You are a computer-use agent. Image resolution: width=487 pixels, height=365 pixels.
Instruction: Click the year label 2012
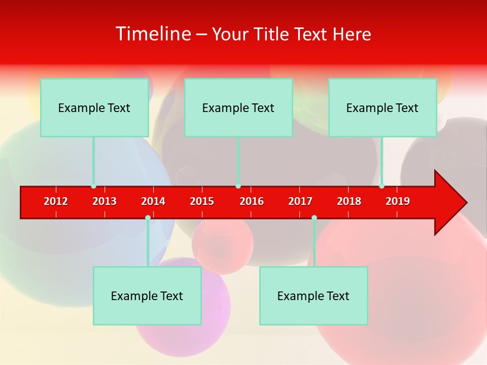click(56, 201)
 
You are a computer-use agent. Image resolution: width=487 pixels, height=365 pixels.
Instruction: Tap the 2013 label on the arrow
click(105, 201)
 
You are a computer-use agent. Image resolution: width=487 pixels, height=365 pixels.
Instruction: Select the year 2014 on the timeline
click(153, 201)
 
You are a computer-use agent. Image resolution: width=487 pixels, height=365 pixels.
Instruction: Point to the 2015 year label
click(202, 201)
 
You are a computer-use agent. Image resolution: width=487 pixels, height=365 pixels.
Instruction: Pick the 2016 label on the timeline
click(252, 201)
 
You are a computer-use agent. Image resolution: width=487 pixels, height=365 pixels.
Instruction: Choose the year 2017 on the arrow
click(300, 201)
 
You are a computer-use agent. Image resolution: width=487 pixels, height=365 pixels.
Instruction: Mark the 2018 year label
click(349, 201)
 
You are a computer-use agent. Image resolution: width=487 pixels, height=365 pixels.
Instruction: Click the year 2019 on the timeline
click(398, 201)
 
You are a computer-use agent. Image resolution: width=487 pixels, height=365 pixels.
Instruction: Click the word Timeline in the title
click(153, 34)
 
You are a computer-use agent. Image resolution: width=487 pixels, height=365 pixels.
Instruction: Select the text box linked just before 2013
click(94, 107)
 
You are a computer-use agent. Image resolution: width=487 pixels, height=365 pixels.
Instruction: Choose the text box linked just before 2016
click(238, 107)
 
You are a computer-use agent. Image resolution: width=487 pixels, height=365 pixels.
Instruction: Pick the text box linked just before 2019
click(382, 107)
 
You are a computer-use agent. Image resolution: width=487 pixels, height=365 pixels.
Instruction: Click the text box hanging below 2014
click(147, 296)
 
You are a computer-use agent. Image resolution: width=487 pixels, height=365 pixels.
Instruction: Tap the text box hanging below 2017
click(314, 296)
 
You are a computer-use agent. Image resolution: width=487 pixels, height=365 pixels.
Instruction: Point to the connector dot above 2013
click(93, 186)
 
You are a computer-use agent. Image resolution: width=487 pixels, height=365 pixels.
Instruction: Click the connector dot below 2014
click(148, 218)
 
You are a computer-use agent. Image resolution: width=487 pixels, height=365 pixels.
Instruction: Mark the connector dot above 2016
click(238, 186)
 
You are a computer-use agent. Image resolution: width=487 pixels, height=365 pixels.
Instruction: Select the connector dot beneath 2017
click(314, 218)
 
